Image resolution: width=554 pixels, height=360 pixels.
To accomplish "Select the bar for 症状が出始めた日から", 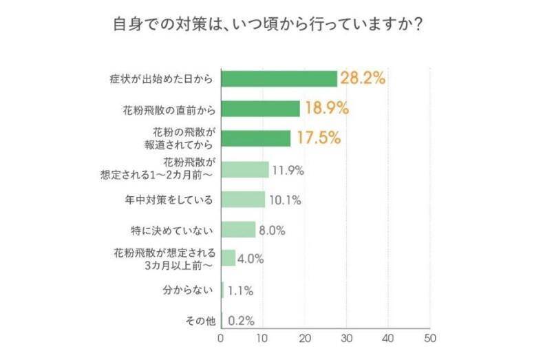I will pos(279,78).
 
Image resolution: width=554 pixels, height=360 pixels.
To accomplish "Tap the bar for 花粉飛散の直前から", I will pos(260,109).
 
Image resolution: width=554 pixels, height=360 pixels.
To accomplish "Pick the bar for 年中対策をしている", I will pos(243,200).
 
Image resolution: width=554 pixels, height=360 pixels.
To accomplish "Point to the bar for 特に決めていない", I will pos(238,229).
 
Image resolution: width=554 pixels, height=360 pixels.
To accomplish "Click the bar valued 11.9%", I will pos(245,169).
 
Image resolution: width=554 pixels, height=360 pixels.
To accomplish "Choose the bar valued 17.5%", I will pos(256,138).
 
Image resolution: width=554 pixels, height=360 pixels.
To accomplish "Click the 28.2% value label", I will pos(363,78).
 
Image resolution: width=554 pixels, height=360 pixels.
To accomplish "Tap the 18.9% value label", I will pos(326,108).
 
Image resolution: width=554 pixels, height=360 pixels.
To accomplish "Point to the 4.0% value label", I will pos(251,260).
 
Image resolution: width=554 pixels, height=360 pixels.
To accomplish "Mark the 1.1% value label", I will pos(240,290).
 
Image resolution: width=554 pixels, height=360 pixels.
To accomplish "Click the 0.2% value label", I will pos(241,321).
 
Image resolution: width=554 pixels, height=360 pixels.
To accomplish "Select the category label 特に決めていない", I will pos(181,229).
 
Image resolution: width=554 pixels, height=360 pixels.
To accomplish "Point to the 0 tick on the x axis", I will pos(221,339).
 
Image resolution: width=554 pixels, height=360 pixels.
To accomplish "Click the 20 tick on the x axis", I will pos(305,339).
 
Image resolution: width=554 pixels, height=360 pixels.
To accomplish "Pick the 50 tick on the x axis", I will pos(430,339).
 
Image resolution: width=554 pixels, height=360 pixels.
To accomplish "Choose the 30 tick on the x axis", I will pos(347,339).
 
